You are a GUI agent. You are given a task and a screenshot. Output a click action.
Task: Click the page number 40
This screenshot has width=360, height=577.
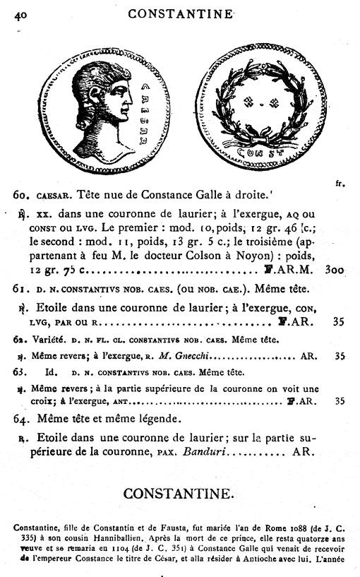[21, 13]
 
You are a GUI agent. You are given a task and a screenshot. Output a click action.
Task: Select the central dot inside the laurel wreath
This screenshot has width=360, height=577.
[262, 104]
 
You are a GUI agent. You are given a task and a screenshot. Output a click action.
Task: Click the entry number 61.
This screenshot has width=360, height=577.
[20, 289]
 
